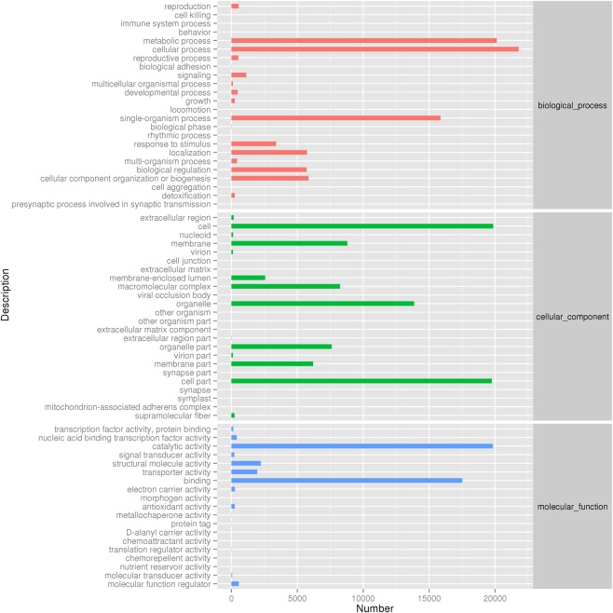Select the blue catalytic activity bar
click(x=361, y=446)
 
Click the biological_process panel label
click(x=572, y=104)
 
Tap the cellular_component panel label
click(x=572, y=317)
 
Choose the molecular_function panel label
click(x=572, y=507)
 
